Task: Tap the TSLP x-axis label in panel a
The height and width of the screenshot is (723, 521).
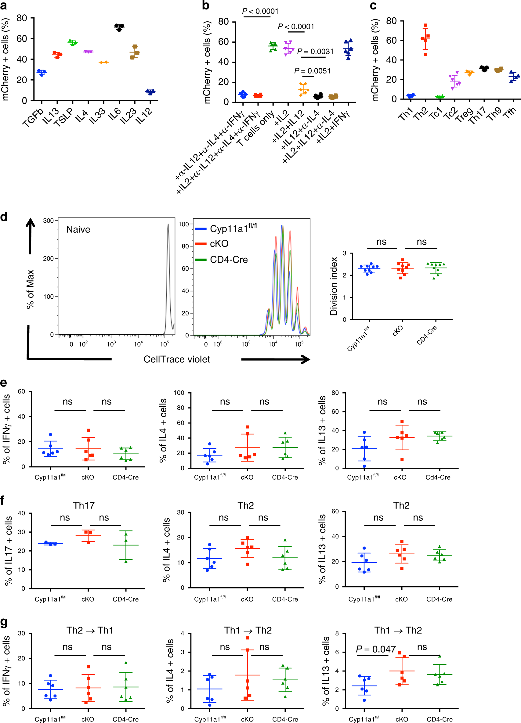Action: [x=64, y=117]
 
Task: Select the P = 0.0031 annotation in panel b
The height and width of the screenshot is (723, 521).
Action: [x=315, y=52]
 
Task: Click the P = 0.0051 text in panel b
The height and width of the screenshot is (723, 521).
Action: [x=312, y=71]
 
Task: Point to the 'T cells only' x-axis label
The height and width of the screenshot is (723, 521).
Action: [x=255, y=128]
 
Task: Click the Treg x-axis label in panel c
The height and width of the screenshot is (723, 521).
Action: [x=464, y=114]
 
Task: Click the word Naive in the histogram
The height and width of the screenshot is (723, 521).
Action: [x=78, y=229]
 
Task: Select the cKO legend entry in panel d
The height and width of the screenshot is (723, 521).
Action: [x=219, y=244]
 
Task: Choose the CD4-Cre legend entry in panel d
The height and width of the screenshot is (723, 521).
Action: [x=229, y=260]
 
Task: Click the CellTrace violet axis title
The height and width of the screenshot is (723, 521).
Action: [x=177, y=360]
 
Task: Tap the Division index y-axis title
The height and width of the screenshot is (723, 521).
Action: [x=334, y=286]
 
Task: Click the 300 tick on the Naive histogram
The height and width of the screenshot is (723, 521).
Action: [x=49, y=221]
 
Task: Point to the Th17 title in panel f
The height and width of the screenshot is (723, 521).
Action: [x=84, y=505]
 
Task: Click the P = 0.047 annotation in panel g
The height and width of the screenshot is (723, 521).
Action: [x=376, y=649]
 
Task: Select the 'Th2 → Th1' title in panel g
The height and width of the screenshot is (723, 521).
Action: [x=90, y=631]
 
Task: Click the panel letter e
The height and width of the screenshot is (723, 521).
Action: [x=4, y=383]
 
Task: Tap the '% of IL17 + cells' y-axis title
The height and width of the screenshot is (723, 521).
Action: [x=8, y=551]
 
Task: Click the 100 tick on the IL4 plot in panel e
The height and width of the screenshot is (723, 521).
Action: [x=179, y=393]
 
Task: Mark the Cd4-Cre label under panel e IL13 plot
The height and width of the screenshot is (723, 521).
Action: [x=438, y=477]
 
